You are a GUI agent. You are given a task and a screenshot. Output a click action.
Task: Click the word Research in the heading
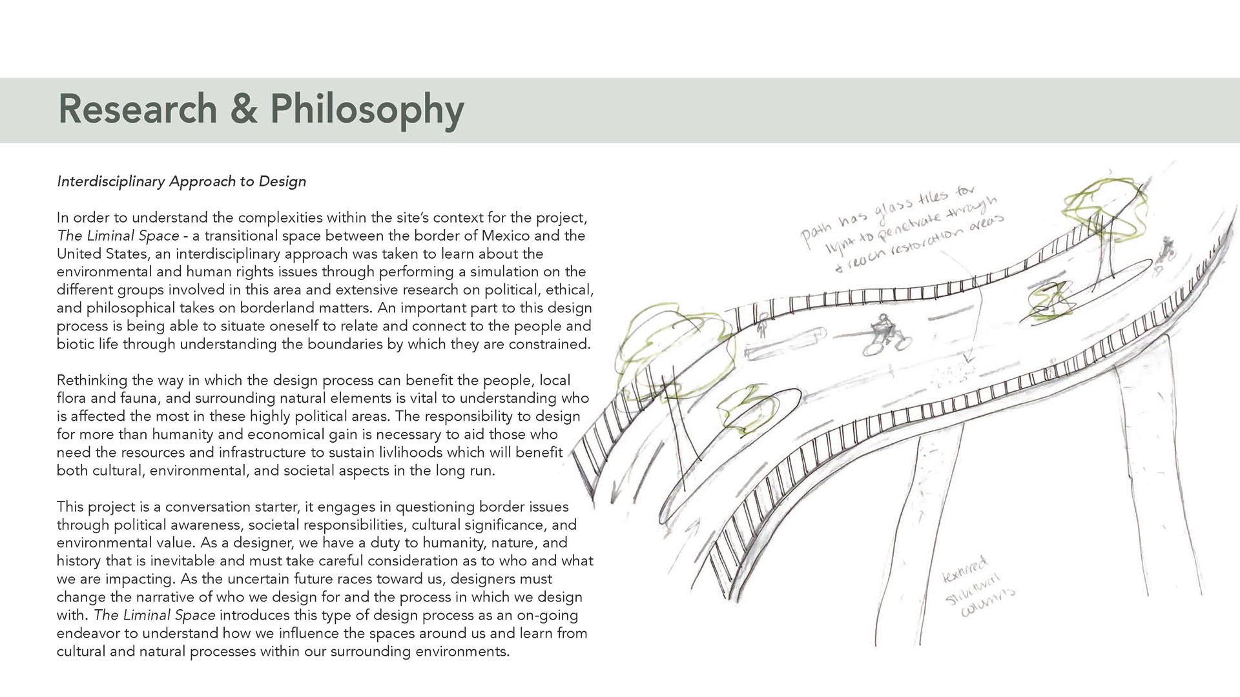137,108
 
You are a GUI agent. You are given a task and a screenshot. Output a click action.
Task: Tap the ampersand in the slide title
243,108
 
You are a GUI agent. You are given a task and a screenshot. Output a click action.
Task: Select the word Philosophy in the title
367,110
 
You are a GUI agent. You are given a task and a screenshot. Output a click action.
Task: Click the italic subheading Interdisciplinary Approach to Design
181,181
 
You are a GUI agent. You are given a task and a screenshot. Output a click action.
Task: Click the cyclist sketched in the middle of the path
883,334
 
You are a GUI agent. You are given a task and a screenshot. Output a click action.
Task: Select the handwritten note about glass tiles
901,228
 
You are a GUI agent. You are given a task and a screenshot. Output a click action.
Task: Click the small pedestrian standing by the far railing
763,327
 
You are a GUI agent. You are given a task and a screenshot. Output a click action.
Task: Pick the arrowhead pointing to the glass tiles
967,359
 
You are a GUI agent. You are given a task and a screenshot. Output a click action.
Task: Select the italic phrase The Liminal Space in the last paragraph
154,615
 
